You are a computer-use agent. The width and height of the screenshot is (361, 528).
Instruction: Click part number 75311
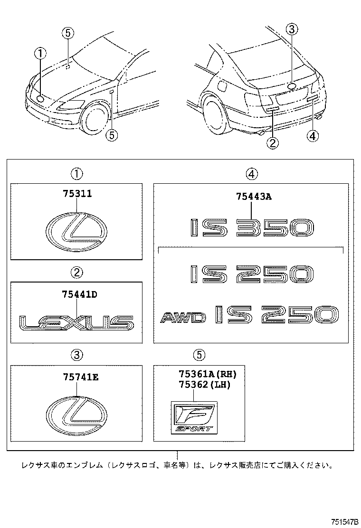tap(76, 194)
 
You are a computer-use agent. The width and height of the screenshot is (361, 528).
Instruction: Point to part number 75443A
tap(253, 197)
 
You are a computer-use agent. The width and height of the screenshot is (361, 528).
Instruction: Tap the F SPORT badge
tap(193, 417)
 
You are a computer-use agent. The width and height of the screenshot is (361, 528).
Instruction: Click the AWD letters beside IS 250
tap(182, 317)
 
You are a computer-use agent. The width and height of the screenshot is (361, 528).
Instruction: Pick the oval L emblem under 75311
tap(76, 231)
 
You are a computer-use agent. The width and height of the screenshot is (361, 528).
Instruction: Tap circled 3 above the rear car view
tap(292, 30)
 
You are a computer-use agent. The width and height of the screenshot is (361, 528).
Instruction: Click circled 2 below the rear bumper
tap(272, 142)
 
